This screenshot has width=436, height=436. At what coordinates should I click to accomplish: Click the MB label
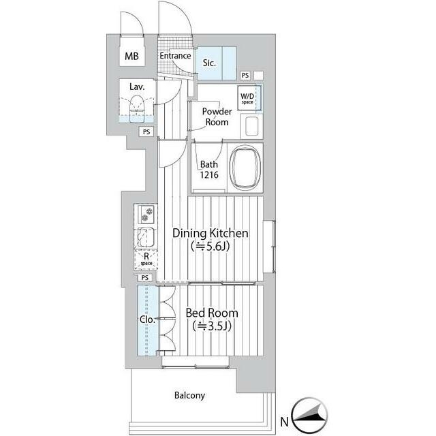tap(131, 56)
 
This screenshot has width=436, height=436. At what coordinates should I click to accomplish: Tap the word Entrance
tap(175, 56)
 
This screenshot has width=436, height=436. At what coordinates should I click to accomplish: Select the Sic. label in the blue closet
tap(209, 63)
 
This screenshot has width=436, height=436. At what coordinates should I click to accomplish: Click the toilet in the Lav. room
tap(136, 109)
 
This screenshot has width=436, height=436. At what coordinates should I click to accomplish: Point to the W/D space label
tap(247, 98)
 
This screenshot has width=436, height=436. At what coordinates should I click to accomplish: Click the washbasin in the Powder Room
tap(251, 127)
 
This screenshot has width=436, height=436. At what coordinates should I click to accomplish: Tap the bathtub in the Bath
tap(245, 168)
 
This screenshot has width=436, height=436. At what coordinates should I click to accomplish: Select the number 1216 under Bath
tap(209, 175)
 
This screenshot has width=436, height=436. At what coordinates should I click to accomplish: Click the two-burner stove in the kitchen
tap(146, 215)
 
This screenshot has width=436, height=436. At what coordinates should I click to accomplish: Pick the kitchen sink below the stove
tap(146, 237)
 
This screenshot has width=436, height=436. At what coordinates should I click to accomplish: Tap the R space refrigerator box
tap(146, 260)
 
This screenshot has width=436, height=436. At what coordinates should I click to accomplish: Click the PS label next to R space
tap(145, 277)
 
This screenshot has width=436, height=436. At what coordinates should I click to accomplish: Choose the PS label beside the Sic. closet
tap(245, 76)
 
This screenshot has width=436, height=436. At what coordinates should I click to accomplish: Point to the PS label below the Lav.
tap(146, 131)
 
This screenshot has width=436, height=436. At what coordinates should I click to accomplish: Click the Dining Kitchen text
tap(211, 233)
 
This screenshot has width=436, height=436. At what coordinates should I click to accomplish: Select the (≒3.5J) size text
tap(212, 326)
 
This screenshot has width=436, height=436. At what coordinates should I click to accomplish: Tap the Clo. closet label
tap(147, 320)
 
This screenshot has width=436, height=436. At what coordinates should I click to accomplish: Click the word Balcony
tap(189, 395)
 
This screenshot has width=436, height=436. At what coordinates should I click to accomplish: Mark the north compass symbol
tap(309, 415)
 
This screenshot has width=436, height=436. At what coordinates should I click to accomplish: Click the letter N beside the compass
tap(284, 422)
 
